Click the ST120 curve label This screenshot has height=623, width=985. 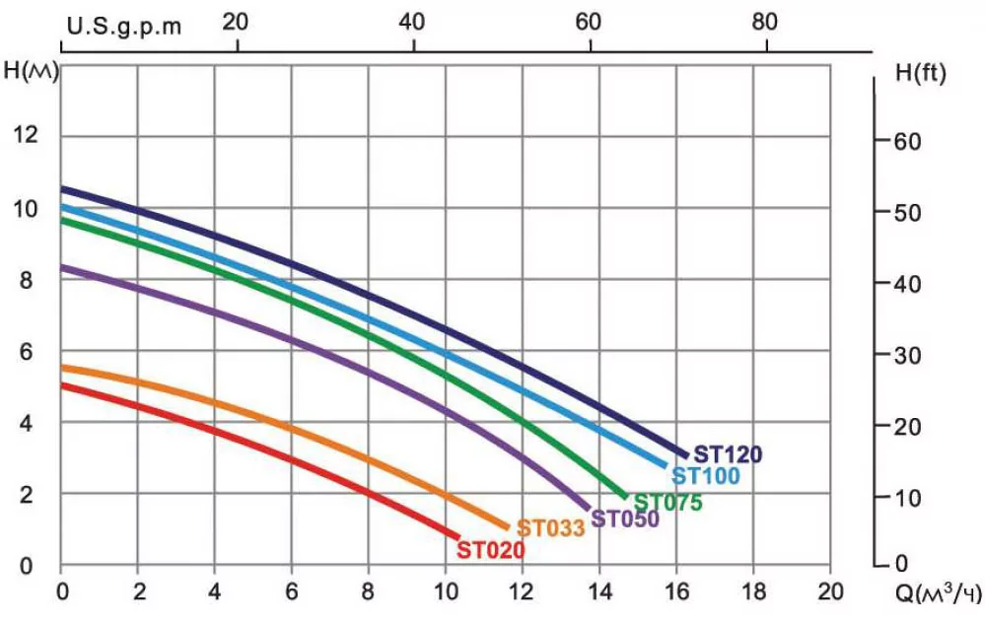[728, 454]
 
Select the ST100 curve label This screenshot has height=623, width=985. [705, 477]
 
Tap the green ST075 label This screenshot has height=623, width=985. [668, 503]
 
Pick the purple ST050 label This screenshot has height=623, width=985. [625, 519]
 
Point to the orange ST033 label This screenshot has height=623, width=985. [551, 527]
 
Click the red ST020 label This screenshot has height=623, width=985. [490, 550]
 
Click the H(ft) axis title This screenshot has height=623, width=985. [921, 73]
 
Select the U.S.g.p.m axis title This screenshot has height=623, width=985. [124, 26]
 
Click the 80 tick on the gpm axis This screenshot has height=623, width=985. [764, 21]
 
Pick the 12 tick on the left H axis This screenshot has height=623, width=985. [26, 135]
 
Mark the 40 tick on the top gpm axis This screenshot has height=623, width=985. [412, 21]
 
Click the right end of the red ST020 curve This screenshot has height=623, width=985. [457, 535]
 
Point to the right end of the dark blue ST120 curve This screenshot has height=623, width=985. [684, 453]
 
